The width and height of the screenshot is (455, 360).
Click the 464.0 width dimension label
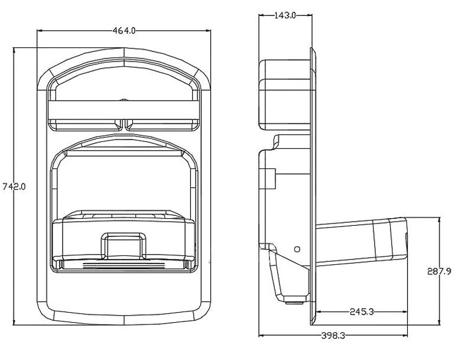125,31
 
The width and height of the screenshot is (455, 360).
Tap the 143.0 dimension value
285,16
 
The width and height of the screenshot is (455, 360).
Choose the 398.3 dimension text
333,335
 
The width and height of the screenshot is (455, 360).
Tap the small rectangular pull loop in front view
123,244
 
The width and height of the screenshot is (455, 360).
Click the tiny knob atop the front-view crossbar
123,100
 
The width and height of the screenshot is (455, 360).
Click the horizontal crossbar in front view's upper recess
123,110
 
